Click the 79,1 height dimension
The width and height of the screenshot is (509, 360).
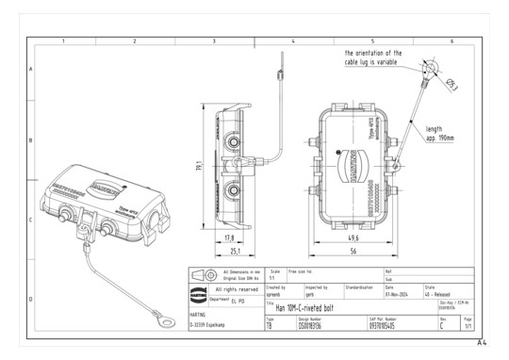coord(200,167)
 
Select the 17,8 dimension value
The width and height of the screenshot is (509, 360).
coord(230,237)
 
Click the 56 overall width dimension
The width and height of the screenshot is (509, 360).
coord(353,253)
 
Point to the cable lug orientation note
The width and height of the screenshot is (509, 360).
coord(372,57)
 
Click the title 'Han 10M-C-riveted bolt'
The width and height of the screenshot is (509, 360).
coord(304,307)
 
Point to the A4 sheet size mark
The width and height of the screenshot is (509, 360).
coord(482,343)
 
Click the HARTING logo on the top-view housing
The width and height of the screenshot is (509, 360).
coord(341,170)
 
